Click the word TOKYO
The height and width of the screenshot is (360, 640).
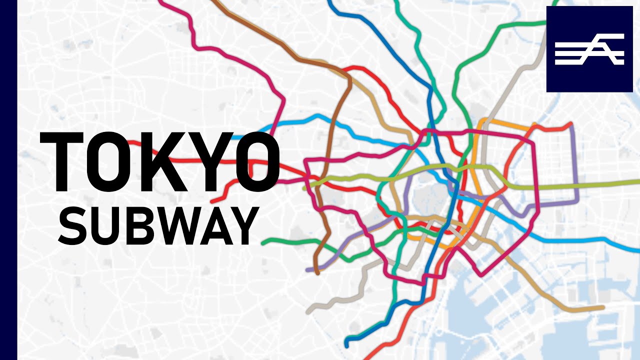coord(160,161)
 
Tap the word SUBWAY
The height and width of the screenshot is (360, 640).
coord(157,224)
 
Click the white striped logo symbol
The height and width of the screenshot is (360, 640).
coord(589,49)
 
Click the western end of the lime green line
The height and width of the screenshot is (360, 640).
coord(305,188)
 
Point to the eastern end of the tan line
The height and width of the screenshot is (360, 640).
coord(603,307)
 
